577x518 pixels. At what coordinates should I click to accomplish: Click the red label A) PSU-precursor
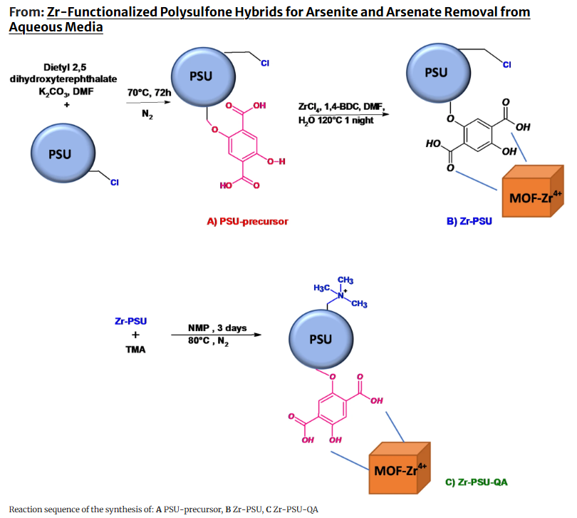(247, 221)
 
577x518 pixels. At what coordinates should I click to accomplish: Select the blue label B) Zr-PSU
(469, 221)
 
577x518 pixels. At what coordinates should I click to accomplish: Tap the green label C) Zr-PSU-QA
(476, 482)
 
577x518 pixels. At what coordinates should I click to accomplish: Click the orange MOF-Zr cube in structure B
(532, 191)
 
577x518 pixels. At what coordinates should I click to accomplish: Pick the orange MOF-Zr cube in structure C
(399, 468)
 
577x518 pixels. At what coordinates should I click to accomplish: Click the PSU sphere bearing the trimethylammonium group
(321, 339)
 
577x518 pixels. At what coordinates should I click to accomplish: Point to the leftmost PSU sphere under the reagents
(63, 153)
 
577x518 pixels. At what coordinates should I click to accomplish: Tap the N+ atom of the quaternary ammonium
(341, 295)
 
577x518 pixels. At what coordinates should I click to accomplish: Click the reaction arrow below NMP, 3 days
(217, 335)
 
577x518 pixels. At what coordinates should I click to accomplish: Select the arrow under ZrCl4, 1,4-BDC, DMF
(350, 114)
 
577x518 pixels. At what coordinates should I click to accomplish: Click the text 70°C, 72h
(149, 93)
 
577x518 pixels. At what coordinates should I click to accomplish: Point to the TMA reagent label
(135, 350)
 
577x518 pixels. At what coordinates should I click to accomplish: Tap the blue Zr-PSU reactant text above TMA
(130, 321)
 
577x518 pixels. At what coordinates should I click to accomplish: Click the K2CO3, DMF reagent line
(66, 91)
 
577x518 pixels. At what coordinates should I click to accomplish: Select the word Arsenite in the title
(329, 12)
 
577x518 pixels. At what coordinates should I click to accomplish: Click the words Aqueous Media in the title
(56, 27)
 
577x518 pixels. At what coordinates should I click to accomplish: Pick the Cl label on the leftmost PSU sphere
(115, 183)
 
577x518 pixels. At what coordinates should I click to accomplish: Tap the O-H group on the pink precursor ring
(276, 161)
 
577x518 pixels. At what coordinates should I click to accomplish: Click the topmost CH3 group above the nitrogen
(345, 280)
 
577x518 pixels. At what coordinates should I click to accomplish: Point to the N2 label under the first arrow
(147, 114)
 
